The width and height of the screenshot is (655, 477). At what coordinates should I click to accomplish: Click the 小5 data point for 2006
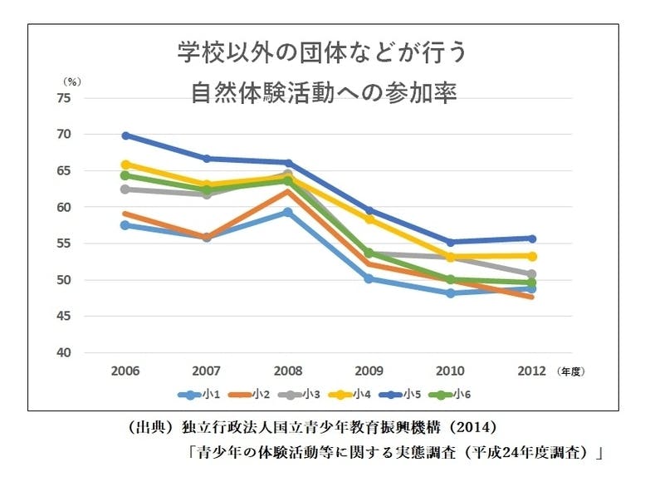pyautogui.click(x=126, y=135)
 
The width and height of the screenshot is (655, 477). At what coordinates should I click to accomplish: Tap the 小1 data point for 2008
pyautogui.click(x=288, y=212)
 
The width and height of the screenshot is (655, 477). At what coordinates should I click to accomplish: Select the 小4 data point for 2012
pyautogui.click(x=531, y=256)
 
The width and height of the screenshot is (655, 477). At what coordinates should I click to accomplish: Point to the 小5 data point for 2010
pyautogui.click(x=451, y=243)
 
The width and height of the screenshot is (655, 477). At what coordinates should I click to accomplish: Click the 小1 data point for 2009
pyautogui.click(x=369, y=278)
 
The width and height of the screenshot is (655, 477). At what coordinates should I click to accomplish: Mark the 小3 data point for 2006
pyautogui.click(x=126, y=189)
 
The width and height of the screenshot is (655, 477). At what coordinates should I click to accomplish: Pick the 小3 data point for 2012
pyautogui.click(x=531, y=274)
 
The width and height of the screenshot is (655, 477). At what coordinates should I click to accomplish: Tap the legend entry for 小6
pyautogui.click(x=466, y=394)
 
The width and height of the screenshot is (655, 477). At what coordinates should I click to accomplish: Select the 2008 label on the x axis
pyautogui.click(x=288, y=370)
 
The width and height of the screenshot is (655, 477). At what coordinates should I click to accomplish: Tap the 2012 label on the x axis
pyautogui.click(x=531, y=370)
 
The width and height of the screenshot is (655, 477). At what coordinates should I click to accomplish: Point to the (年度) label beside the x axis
pyautogui.click(x=572, y=370)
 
